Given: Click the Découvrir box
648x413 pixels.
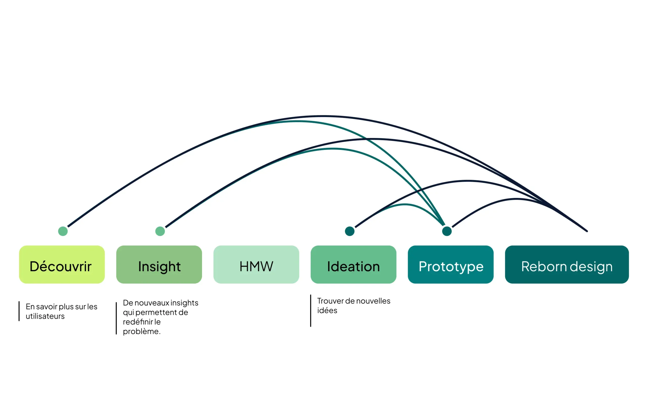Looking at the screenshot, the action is (x=62, y=264).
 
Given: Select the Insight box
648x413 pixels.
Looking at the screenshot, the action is (x=159, y=264).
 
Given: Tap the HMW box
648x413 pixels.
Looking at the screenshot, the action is (x=256, y=264).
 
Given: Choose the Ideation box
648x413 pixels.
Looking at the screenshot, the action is (x=353, y=264).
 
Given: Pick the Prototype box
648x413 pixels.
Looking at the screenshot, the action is (x=451, y=264).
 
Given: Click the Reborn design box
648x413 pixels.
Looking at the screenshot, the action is (x=567, y=264).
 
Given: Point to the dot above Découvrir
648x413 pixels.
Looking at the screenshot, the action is (x=63, y=231).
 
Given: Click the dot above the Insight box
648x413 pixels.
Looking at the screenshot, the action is (x=160, y=231).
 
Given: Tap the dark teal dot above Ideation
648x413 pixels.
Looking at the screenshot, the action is (x=350, y=231).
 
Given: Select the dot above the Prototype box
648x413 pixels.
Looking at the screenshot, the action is (x=447, y=231).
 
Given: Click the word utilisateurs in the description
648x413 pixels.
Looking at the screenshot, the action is (x=45, y=316).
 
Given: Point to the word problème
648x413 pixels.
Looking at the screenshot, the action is (x=141, y=332).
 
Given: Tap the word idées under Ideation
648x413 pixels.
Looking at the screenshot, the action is (x=327, y=311).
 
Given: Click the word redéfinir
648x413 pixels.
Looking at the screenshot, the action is (x=138, y=322).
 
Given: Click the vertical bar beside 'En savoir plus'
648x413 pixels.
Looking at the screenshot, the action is (x=19, y=311).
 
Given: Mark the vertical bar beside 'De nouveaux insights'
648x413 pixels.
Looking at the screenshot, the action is (x=116, y=318).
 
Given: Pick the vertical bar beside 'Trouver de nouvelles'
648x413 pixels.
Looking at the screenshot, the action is (x=311, y=311).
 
